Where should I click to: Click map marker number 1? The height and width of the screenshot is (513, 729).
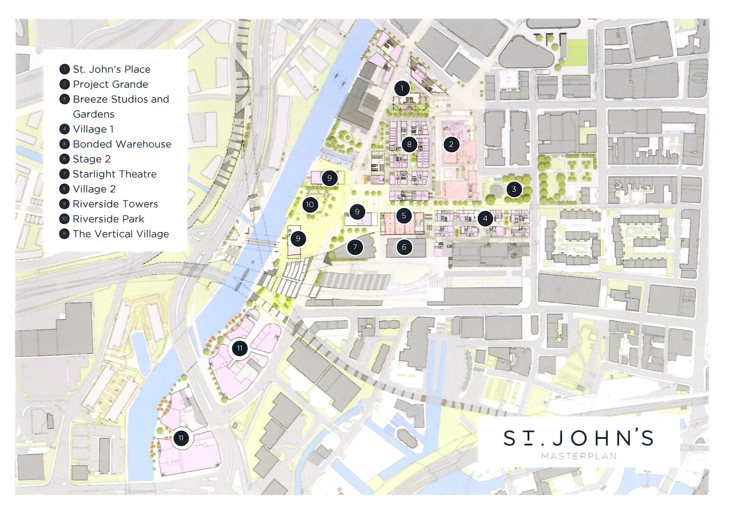point(402,88)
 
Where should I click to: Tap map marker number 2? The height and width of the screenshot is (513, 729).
point(451,144)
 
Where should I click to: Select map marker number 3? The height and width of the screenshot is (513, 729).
point(514,189)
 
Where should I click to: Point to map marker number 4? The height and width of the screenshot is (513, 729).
point(485,219)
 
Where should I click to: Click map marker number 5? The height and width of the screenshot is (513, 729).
point(404,216)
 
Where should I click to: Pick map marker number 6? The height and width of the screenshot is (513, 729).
point(404,247)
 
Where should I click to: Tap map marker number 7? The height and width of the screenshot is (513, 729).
point(355,247)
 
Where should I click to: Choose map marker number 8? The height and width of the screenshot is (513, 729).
point(409,144)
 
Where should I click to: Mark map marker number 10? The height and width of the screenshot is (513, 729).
point(310,205)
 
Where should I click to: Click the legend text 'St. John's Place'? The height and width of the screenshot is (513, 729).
point(111,70)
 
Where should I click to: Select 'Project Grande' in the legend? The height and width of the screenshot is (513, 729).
point(110,84)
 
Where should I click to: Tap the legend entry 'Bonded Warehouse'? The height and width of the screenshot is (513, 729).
point(122,144)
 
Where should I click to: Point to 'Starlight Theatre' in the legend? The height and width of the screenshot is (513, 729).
point(114,174)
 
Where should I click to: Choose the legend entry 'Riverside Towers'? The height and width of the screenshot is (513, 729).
point(115,204)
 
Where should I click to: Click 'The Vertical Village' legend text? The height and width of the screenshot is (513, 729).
point(121,234)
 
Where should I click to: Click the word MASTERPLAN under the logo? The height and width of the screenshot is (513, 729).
point(579,456)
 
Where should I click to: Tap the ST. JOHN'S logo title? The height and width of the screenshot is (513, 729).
point(578,438)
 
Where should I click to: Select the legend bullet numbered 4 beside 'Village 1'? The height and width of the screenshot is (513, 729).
point(65,129)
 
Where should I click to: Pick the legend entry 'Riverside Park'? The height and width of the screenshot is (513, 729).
point(108,219)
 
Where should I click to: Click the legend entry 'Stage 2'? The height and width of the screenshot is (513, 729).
point(92,159)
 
